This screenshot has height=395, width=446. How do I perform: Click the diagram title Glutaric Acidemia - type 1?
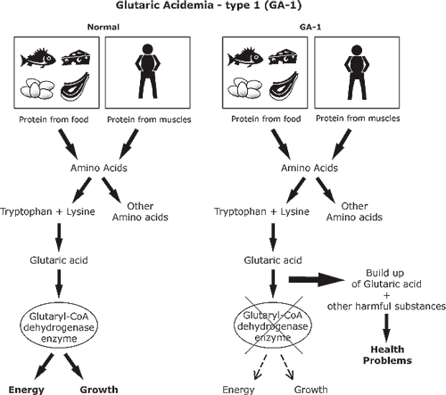[209, 5]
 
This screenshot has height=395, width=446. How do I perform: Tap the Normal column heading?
[103, 27]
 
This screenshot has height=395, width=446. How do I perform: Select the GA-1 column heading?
[310, 27]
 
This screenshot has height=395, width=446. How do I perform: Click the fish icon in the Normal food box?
[37, 58]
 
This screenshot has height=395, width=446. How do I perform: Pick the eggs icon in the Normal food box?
[37, 88]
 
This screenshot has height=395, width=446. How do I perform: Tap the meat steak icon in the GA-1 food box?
[284, 86]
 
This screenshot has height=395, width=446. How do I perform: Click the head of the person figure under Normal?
[148, 50]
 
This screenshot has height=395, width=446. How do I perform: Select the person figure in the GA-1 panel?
[357, 72]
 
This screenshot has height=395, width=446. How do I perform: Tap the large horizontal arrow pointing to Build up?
[317, 279]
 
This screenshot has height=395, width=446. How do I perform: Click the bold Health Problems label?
[387, 355]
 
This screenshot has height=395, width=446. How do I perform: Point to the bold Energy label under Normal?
[26, 390]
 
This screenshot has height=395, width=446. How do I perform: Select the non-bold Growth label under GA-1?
[311, 390]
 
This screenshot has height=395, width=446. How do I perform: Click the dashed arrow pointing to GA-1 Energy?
[260, 367]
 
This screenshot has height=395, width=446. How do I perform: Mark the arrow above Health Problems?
[386, 327]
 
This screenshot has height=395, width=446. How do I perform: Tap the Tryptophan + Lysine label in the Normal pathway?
[47, 211]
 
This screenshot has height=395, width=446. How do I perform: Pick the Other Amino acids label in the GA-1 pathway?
[354, 211]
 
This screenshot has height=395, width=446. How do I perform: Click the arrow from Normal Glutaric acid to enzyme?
[59, 284]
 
